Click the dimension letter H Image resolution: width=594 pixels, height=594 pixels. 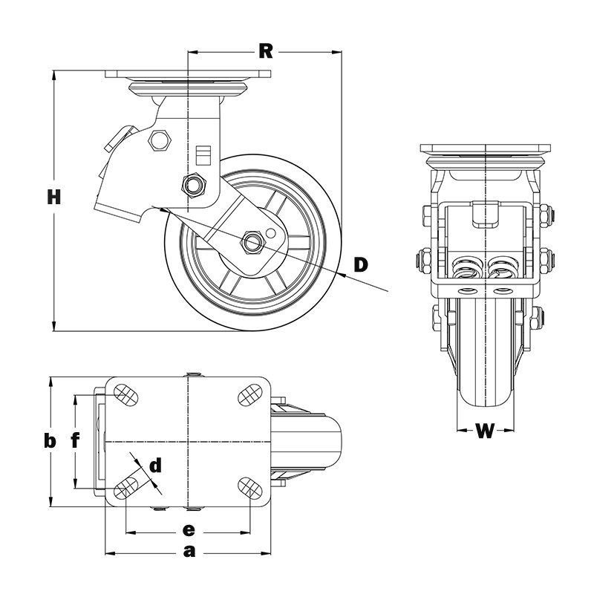[x=53, y=197]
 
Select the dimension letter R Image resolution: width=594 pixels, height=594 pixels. [x=266, y=51]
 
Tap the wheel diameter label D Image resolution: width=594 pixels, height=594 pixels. [x=361, y=264]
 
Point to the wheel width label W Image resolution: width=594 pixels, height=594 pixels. [x=485, y=432]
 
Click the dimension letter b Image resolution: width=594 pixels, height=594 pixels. [x=49, y=441]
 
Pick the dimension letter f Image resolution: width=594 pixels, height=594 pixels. [x=75, y=441]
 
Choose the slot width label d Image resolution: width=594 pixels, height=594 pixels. [x=154, y=466]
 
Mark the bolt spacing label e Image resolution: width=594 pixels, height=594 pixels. [x=189, y=530]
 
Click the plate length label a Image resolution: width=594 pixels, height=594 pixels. [x=189, y=552]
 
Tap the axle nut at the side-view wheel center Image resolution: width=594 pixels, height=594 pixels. [x=251, y=241]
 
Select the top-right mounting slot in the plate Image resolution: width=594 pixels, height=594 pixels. [x=250, y=394]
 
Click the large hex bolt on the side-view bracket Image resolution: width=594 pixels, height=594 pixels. [x=159, y=140]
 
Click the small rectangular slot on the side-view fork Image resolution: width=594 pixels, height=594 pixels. [x=203, y=154]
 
